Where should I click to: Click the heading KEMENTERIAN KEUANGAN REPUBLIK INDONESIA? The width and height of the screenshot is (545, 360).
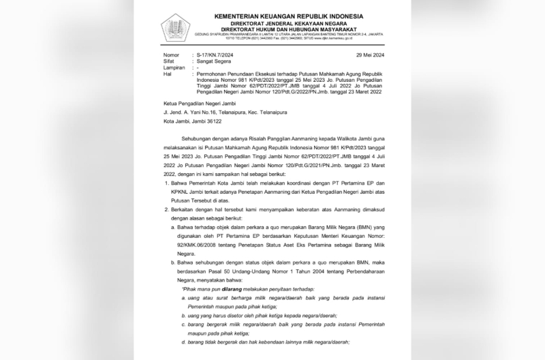288,16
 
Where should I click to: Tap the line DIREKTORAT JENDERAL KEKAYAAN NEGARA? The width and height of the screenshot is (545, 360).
288,22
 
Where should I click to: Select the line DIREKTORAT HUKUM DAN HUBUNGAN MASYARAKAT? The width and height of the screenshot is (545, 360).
288,29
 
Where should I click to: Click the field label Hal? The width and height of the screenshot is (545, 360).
167,76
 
